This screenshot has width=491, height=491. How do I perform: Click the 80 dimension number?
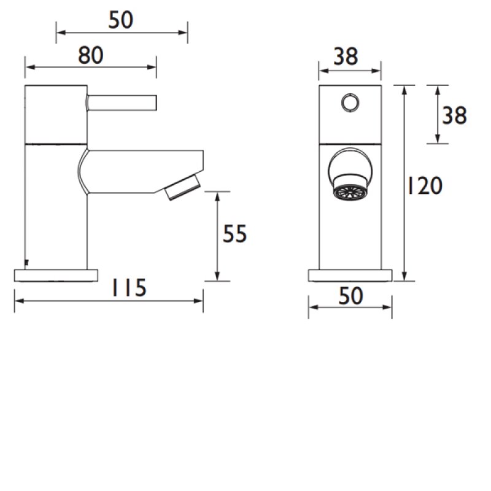pyautogui.click(x=90, y=56)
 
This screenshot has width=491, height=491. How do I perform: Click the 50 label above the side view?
pyautogui.click(x=121, y=21)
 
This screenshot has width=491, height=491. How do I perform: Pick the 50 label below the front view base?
pyautogui.click(x=350, y=296)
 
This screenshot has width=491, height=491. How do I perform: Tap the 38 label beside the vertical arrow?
pyautogui.click(x=455, y=115)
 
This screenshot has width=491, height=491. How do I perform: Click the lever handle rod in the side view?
pyautogui.click(x=123, y=101)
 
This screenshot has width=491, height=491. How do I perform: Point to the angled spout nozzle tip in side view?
pyautogui.click(x=183, y=187)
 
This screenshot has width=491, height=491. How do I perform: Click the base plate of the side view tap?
pyautogui.click(x=56, y=274)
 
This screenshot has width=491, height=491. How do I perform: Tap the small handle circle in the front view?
pyautogui.click(x=350, y=101)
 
